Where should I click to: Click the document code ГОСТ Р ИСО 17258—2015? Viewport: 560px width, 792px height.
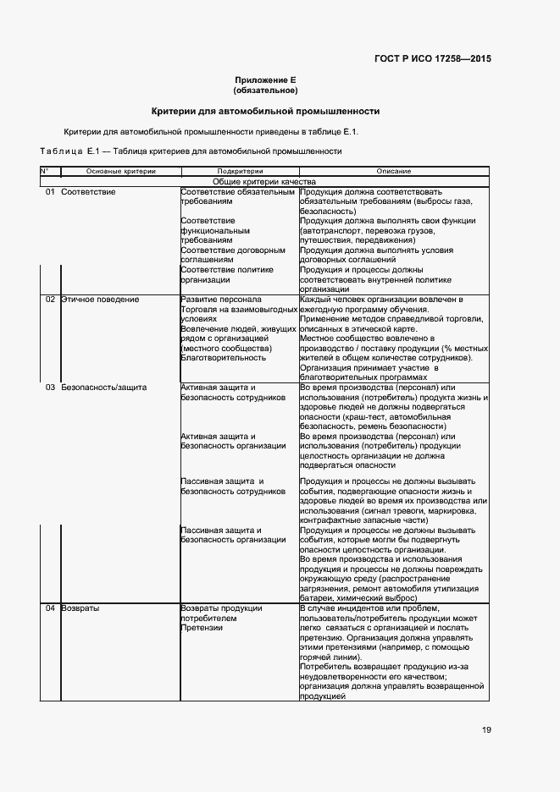tap(432, 59)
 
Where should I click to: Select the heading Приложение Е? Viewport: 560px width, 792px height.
tap(264, 80)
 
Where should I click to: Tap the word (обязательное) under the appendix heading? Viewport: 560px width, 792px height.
tap(264, 90)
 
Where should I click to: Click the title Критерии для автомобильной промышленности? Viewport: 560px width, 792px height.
tap(264, 111)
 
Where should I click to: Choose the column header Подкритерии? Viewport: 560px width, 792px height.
tap(240, 171)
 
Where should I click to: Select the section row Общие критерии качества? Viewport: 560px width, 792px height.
tap(264, 181)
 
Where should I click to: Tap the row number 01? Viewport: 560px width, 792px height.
tap(50, 192)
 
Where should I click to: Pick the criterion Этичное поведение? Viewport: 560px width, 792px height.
tap(100, 300)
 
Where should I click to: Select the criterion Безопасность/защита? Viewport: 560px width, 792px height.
tap(104, 387)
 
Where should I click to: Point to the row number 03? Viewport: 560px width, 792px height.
tap(50, 387)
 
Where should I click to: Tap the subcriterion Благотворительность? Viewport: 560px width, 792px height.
tap(223, 358)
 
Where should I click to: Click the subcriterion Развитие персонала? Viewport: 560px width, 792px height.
tap(221, 300)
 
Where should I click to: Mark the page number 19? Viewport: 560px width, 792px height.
tap(485, 730)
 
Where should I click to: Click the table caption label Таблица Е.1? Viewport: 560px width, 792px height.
tap(70, 151)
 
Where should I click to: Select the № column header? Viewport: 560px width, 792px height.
tap(45, 171)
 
